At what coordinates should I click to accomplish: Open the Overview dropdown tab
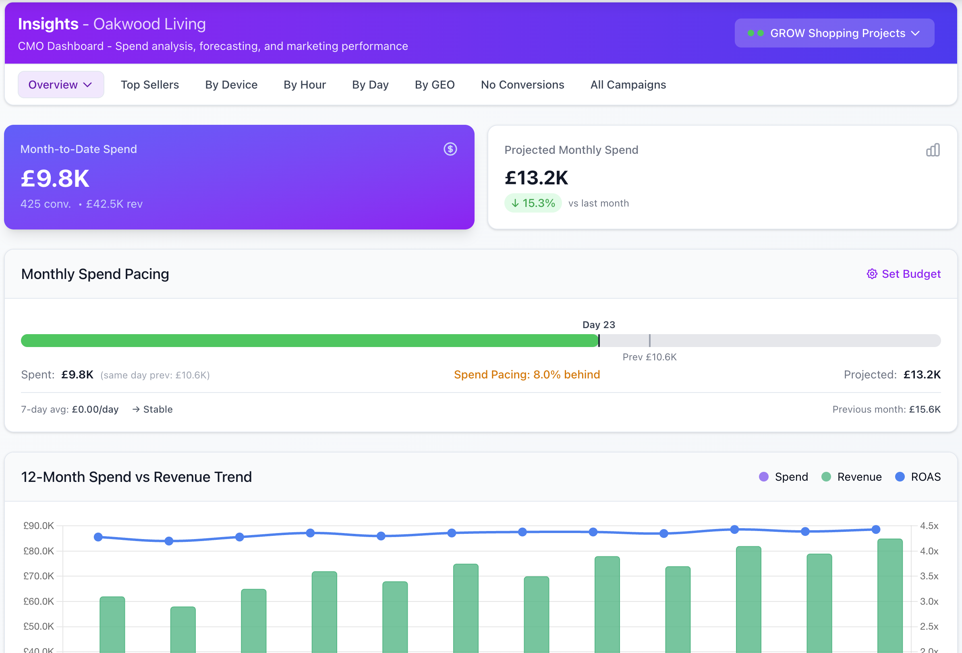(60, 85)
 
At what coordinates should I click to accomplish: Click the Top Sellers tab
(149, 85)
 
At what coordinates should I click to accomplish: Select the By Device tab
(231, 85)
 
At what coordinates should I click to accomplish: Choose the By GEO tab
(434, 85)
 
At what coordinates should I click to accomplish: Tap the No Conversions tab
(522, 85)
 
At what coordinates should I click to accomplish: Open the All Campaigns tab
(628, 85)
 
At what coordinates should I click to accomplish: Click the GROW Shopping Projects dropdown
(833, 33)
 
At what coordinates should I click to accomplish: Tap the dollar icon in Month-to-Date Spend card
(450, 149)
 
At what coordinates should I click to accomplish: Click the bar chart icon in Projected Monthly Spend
(932, 150)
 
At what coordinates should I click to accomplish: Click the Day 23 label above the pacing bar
(598, 324)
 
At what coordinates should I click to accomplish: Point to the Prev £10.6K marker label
(649, 357)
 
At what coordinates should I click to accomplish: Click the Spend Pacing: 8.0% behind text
(527, 374)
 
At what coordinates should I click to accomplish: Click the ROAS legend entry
(917, 477)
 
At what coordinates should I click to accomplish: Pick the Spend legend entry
(783, 477)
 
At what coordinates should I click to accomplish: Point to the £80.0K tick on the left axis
(39, 551)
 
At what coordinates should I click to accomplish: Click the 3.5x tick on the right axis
(929, 576)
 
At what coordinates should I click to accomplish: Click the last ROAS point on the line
(875, 529)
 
